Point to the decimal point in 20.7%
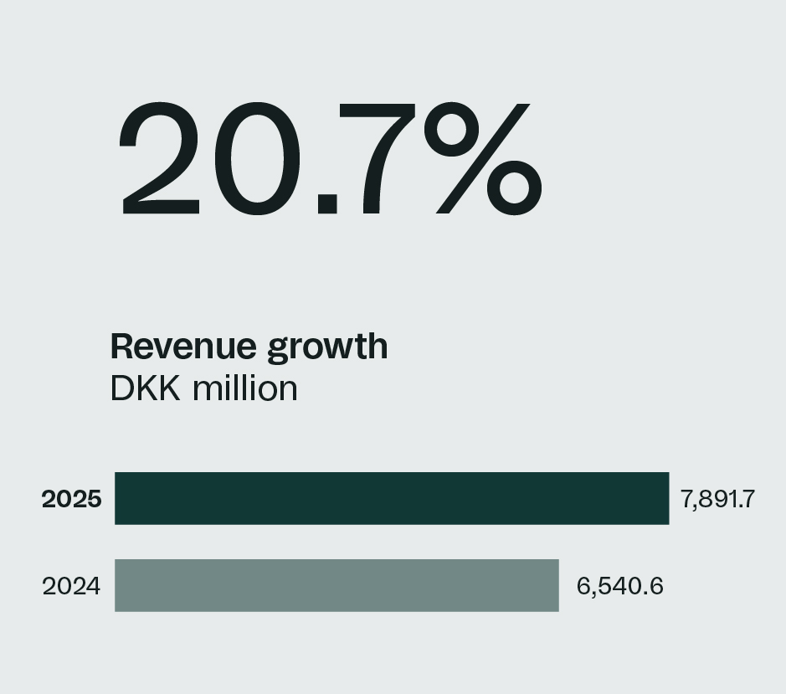coord(328,203)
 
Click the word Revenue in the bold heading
coord(184,346)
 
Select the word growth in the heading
coord(327,347)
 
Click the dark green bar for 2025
coord(392,498)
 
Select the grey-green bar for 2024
coord(336,585)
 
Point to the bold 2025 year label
coord(72,499)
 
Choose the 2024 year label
coord(71,586)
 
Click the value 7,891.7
coord(718,500)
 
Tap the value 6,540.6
coord(620,586)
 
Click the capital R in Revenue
coord(122,346)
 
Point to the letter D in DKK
coord(122,388)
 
